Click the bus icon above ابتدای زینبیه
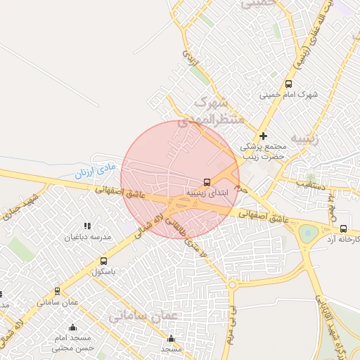(207, 181)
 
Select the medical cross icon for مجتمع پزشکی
(264, 136)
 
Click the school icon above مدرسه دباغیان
(88, 226)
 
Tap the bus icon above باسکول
(104, 262)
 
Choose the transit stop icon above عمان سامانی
(57, 290)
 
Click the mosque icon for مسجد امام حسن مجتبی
(73, 327)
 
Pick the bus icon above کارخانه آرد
(343, 229)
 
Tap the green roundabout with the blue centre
(307, 231)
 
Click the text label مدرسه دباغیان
(89, 237)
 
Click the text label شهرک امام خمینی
(289, 94)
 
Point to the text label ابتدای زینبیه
(206, 191)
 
